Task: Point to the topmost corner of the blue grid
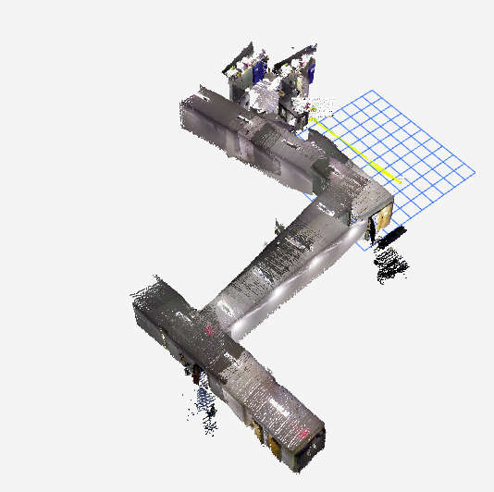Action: pyautogui.click(x=372, y=91)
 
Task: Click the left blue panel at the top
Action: pyautogui.click(x=260, y=68)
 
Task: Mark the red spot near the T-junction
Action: pyautogui.click(x=209, y=328)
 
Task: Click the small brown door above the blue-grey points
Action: pyautogui.click(x=197, y=375)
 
